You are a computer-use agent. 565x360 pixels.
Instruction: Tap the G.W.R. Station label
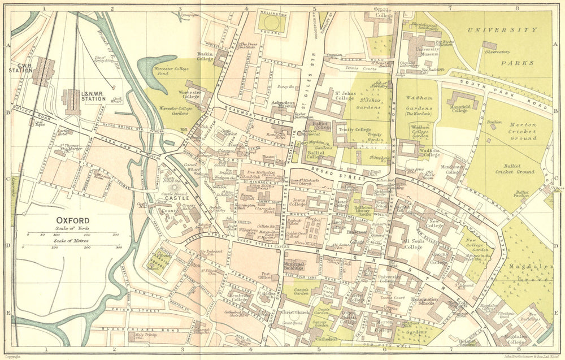(21, 68)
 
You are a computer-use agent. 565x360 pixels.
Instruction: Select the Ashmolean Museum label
(268, 105)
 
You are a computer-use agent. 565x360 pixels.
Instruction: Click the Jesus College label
(297, 202)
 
